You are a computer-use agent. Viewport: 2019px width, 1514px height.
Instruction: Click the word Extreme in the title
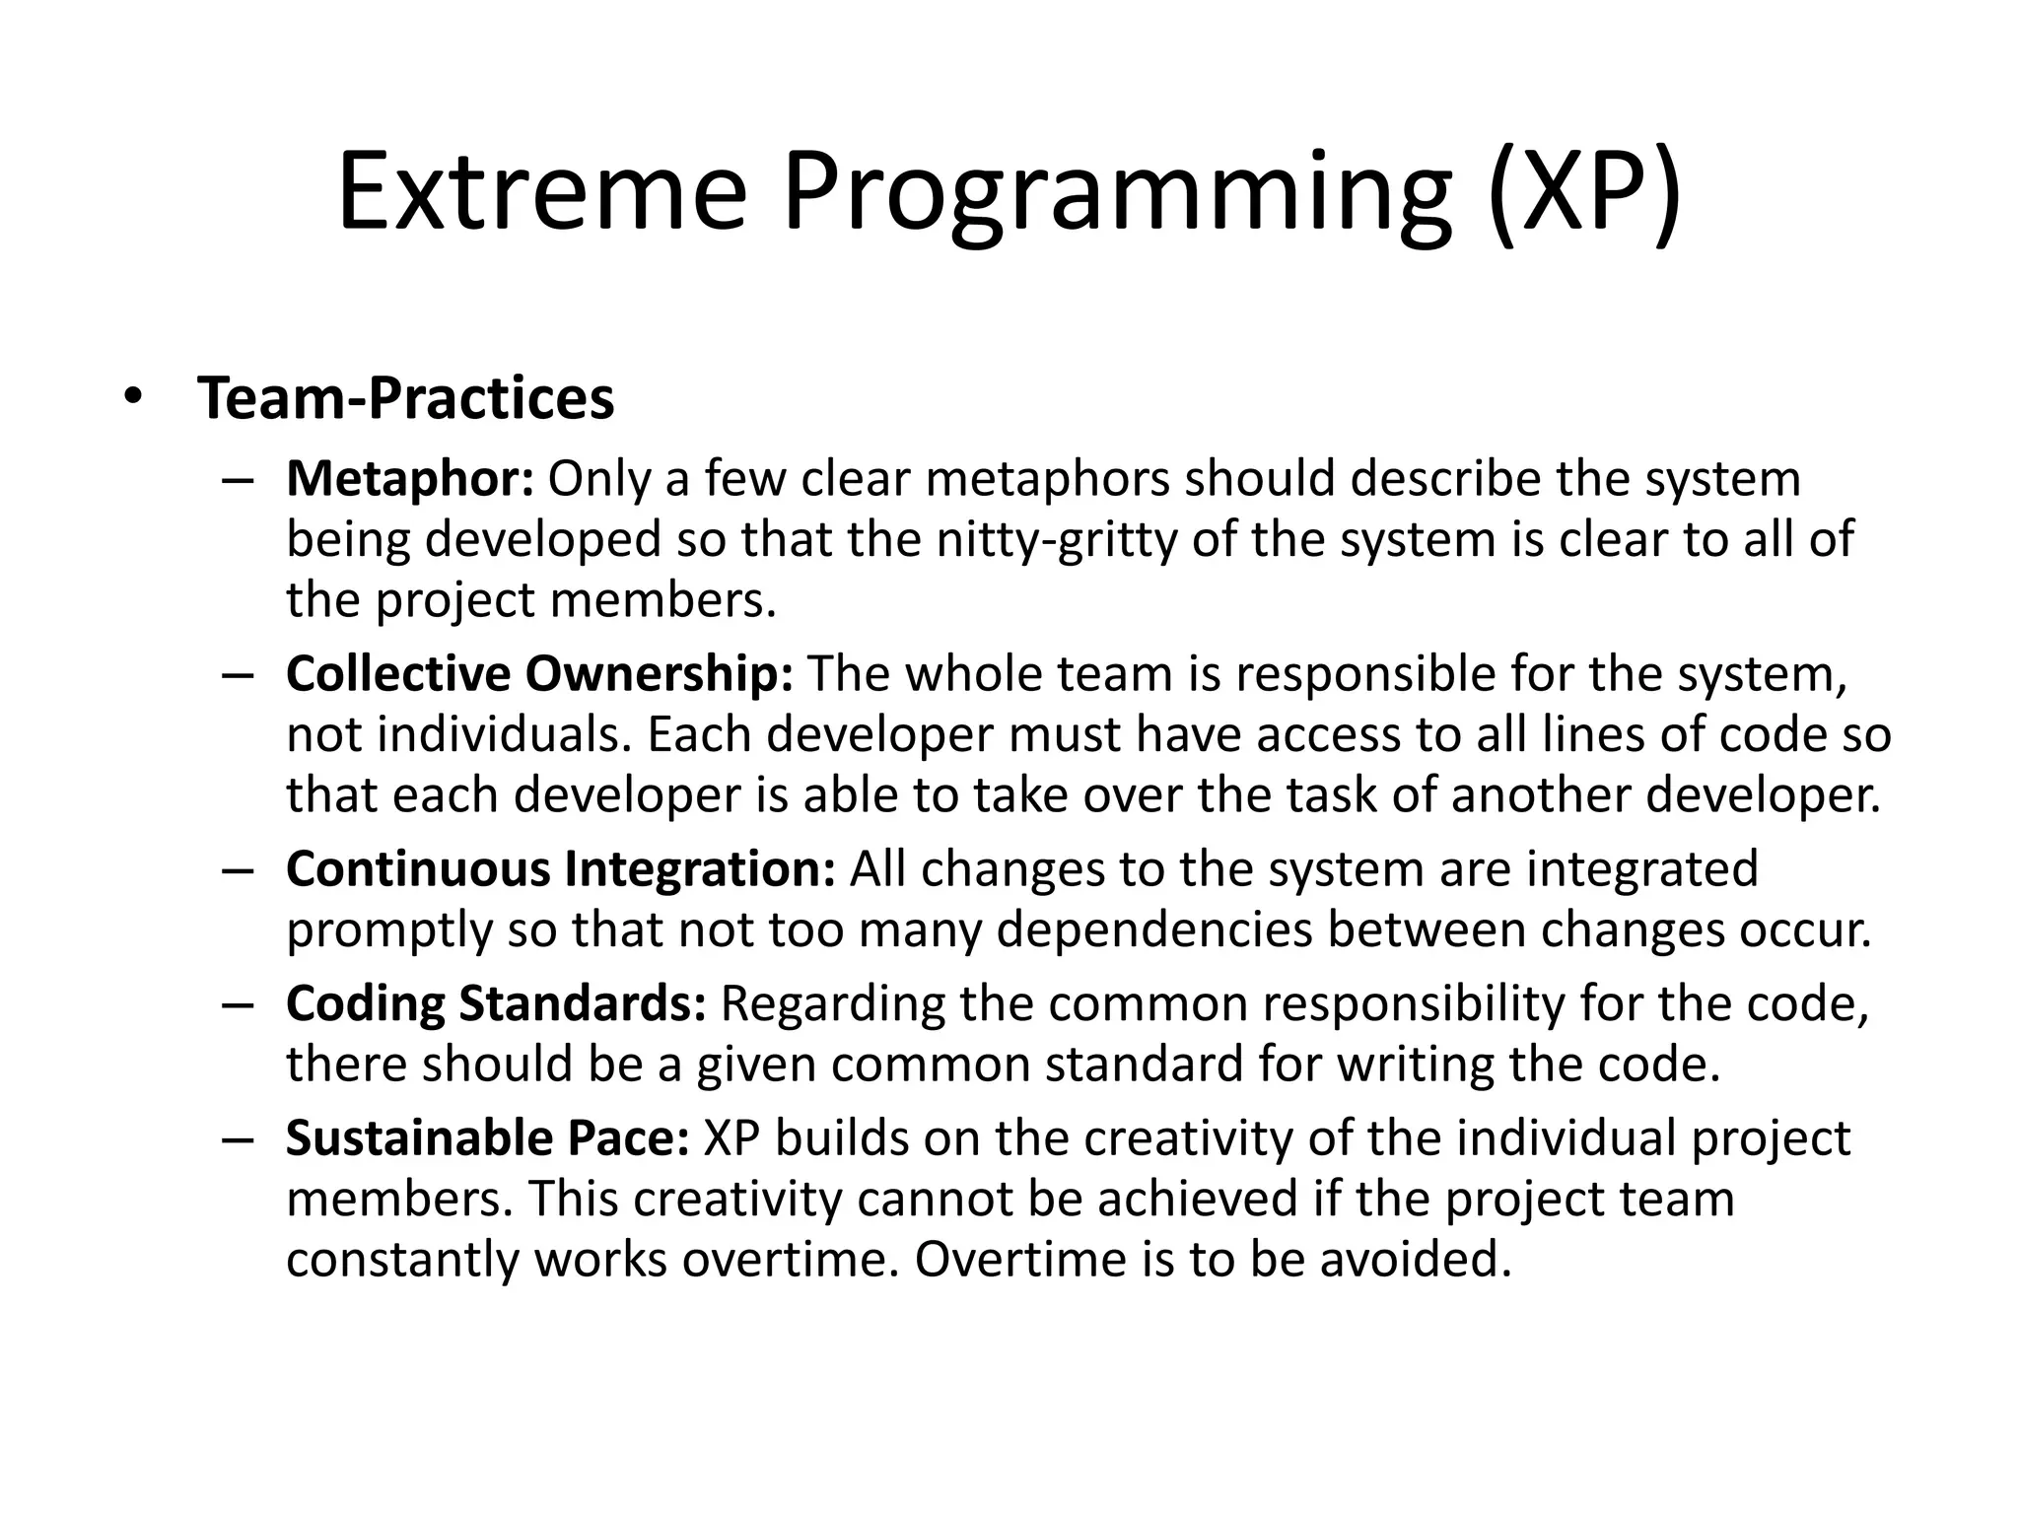pyautogui.click(x=542, y=192)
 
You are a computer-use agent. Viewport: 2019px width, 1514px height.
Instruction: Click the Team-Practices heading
pyautogui.click(x=406, y=398)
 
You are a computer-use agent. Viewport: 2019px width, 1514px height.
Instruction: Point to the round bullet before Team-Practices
pyautogui.click(x=133, y=398)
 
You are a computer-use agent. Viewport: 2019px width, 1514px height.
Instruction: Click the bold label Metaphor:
pyautogui.click(x=410, y=479)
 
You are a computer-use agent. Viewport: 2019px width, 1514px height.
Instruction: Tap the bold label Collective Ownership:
pyautogui.click(x=539, y=674)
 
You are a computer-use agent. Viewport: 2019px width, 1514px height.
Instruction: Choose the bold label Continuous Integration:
pyautogui.click(x=561, y=869)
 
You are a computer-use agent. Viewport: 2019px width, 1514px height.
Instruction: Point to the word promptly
pyautogui.click(x=389, y=931)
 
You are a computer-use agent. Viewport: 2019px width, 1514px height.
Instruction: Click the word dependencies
pyautogui.click(x=1154, y=931)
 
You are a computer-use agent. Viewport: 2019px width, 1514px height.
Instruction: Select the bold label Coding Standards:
pyautogui.click(x=496, y=1004)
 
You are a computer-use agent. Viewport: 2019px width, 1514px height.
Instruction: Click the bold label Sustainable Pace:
pyautogui.click(x=488, y=1138)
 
